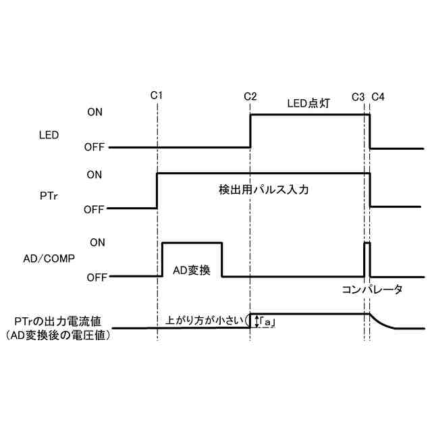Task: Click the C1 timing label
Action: [x=157, y=96]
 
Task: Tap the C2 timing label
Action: [x=250, y=96]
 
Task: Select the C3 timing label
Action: [x=358, y=96]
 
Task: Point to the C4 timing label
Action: [x=378, y=96]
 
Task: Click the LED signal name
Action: [x=49, y=134]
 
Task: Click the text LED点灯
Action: [x=308, y=105]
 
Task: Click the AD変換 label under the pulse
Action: [x=193, y=270]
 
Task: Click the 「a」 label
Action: [x=269, y=323]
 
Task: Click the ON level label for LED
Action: [x=95, y=112]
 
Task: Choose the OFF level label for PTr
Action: [x=94, y=209]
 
